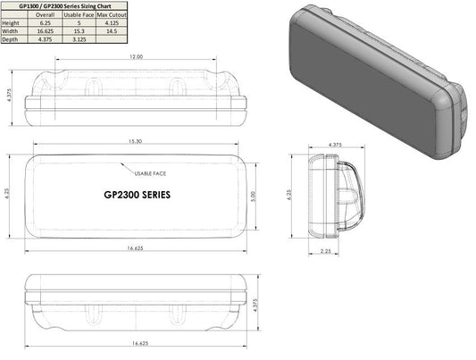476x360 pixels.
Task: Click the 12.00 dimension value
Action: click(135, 56)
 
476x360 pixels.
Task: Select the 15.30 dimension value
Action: click(136, 141)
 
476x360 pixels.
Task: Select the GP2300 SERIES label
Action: click(137, 194)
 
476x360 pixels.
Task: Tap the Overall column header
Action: click(45, 14)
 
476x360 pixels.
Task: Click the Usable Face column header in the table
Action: click(79, 14)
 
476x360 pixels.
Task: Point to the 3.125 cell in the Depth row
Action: click(79, 39)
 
